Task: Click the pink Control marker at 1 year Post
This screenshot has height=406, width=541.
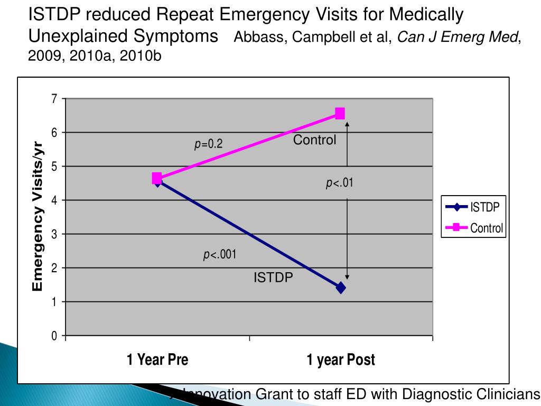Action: coord(340,114)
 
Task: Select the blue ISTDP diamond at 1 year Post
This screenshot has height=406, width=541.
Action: coord(341,288)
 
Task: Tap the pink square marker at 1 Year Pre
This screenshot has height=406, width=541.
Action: coord(157,178)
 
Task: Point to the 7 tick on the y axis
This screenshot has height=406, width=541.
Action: coord(54,99)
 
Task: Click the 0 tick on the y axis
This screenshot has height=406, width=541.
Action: coord(54,336)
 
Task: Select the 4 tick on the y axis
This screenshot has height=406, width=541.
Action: coord(54,200)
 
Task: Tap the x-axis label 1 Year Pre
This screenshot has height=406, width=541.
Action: coord(157,360)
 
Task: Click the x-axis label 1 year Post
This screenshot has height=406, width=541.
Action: coord(341,360)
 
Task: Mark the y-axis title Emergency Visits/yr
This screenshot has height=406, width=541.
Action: coord(38,217)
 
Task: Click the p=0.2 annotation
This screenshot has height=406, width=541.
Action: coord(209,144)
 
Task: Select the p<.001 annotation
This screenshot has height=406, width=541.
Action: coord(220,255)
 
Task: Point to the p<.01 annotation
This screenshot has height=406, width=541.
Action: coord(339,183)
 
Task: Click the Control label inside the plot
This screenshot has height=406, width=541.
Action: coord(314,140)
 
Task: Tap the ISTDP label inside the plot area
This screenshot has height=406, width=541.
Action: coord(273,277)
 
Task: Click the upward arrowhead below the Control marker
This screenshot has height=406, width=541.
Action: coord(347,124)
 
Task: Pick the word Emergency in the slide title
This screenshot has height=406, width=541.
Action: coord(262,14)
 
